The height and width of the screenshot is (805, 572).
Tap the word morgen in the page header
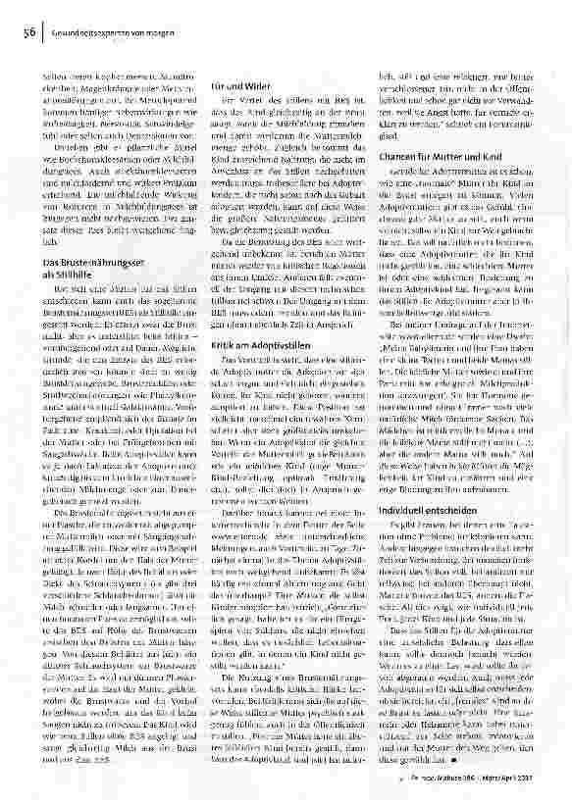(x=132, y=32)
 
